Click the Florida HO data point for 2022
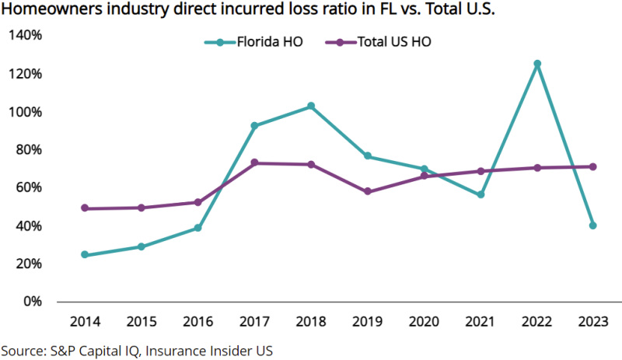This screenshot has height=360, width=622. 536,64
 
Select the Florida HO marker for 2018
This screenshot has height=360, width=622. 310,106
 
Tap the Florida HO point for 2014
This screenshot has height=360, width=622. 84,255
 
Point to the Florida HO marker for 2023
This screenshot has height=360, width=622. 593,225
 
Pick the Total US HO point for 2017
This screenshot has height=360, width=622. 254,163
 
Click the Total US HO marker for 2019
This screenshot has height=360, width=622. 367,191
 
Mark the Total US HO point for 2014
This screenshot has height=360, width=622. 84,208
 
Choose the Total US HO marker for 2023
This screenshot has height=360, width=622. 593,166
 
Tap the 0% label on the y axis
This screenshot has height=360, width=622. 32,302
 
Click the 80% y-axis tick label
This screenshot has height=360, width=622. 29,149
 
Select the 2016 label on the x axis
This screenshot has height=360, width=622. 197,322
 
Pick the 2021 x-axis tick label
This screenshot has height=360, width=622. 480,322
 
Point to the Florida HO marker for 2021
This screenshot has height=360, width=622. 480,194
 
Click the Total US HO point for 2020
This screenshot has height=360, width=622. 424,177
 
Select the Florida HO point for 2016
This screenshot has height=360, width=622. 197,228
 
